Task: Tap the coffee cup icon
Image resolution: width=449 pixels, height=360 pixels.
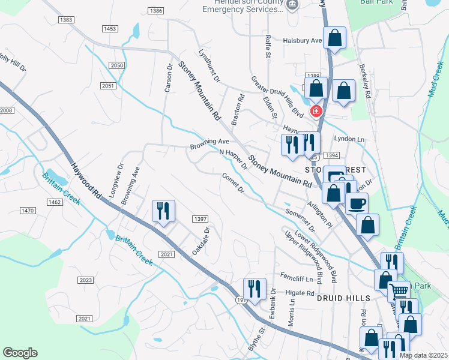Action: pyautogui.click(x=357, y=203)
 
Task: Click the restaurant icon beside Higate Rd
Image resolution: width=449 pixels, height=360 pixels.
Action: pyautogui.click(x=255, y=289)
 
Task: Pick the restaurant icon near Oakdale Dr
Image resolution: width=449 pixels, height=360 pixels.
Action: pyautogui.click(x=163, y=210)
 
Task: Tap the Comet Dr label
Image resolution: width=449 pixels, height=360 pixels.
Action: pyautogui.click(x=232, y=183)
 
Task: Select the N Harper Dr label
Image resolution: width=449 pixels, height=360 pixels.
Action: pyautogui.click(x=233, y=160)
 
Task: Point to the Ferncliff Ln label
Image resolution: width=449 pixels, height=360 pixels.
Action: pyautogui.click(x=297, y=278)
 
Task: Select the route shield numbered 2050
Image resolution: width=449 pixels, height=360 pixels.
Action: pyautogui.click(x=117, y=65)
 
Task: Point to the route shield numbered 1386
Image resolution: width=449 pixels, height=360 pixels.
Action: pyautogui.click(x=156, y=11)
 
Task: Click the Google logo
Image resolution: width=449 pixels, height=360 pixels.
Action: pyautogui.click(x=20, y=353)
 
